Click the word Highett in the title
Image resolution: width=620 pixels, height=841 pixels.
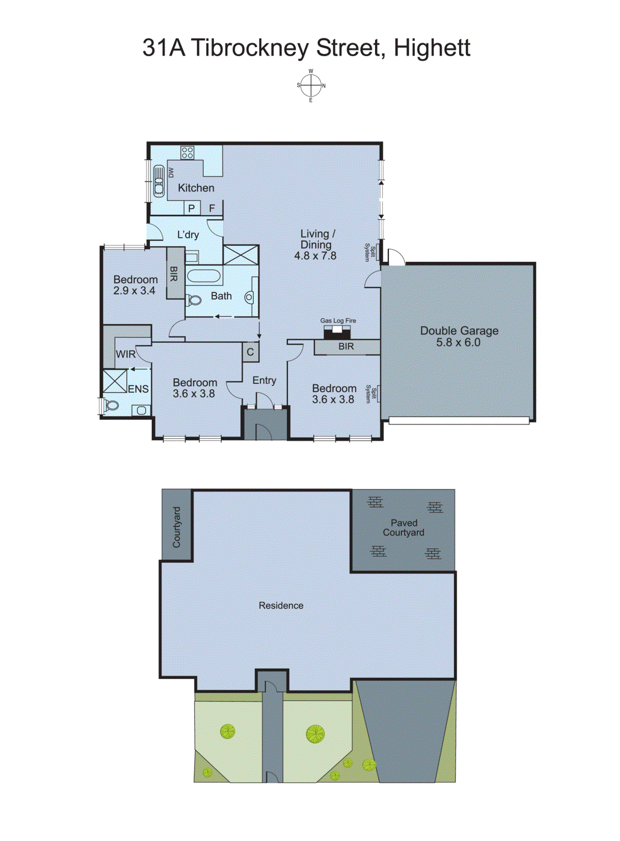(432, 48)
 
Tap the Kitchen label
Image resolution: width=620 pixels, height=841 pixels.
(196, 188)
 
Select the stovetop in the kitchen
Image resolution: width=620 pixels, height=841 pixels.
(187, 153)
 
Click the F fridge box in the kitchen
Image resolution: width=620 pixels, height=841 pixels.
(212, 208)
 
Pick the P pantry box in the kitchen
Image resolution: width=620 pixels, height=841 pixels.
(191, 208)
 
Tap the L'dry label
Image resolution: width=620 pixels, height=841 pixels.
(188, 234)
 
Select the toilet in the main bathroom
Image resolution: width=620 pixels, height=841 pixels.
(194, 301)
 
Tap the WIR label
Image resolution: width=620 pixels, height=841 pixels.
(126, 354)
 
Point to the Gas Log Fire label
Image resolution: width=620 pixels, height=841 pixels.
(338, 321)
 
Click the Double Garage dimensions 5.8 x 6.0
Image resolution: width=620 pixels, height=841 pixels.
(458, 342)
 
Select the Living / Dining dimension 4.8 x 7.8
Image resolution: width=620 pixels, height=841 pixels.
(315, 256)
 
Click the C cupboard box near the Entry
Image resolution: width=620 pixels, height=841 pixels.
(250, 352)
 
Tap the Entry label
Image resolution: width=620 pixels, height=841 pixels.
(264, 380)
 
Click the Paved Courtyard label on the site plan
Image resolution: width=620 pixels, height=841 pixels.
(403, 528)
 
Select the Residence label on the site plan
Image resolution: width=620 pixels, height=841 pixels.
(281, 606)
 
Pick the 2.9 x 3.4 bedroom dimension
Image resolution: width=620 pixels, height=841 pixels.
(134, 291)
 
